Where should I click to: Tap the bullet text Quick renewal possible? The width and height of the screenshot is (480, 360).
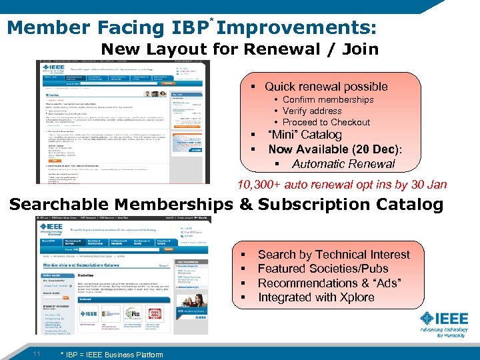[x=326, y=87]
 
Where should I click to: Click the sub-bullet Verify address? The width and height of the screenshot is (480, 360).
[x=312, y=111]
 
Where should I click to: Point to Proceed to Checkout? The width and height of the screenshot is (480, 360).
[x=326, y=122]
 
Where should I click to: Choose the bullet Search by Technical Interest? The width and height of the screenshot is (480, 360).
[x=333, y=254]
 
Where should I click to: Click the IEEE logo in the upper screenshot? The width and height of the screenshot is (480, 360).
[x=53, y=69]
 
